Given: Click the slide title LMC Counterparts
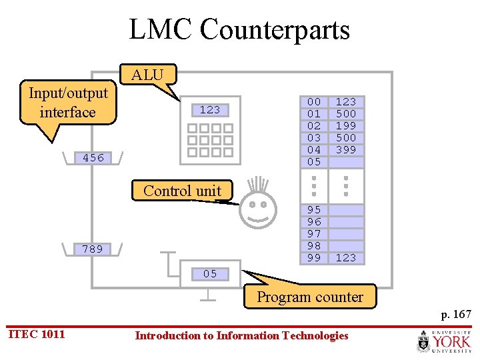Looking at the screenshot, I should [x=239, y=30].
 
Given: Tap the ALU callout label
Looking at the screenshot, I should [x=147, y=75].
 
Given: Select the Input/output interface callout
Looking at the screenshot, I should [x=67, y=103].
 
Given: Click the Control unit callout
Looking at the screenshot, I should [x=182, y=191].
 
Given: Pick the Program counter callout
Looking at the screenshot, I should [x=310, y=297].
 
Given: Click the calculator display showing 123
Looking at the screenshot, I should [x=209, y=110].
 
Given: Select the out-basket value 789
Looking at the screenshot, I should [x=93, y=249].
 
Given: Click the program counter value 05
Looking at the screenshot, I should [x=210, y=273].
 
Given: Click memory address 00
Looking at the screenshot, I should [x=314, y=102].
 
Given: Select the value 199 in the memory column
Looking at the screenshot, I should [x=345, y=126].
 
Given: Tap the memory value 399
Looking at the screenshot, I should [x=345, y=150].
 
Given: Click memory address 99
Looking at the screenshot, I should [x=314, y=258].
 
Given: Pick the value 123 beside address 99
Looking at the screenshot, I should [x=345, y=258].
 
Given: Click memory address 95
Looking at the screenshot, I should [x=314, y=210].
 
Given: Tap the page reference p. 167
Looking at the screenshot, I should [x=456, y=313].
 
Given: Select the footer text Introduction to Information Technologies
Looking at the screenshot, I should [x=241, y=335].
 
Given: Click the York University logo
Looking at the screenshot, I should [x=443, y=341].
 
